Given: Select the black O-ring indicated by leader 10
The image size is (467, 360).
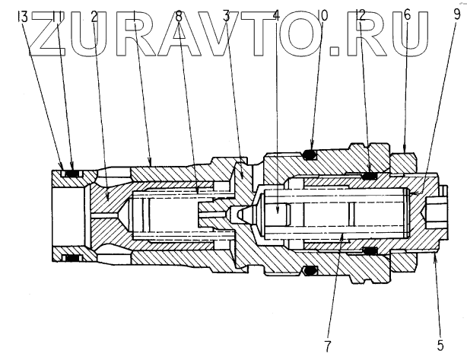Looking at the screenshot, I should pyautogui.click(x=309, y=155).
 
